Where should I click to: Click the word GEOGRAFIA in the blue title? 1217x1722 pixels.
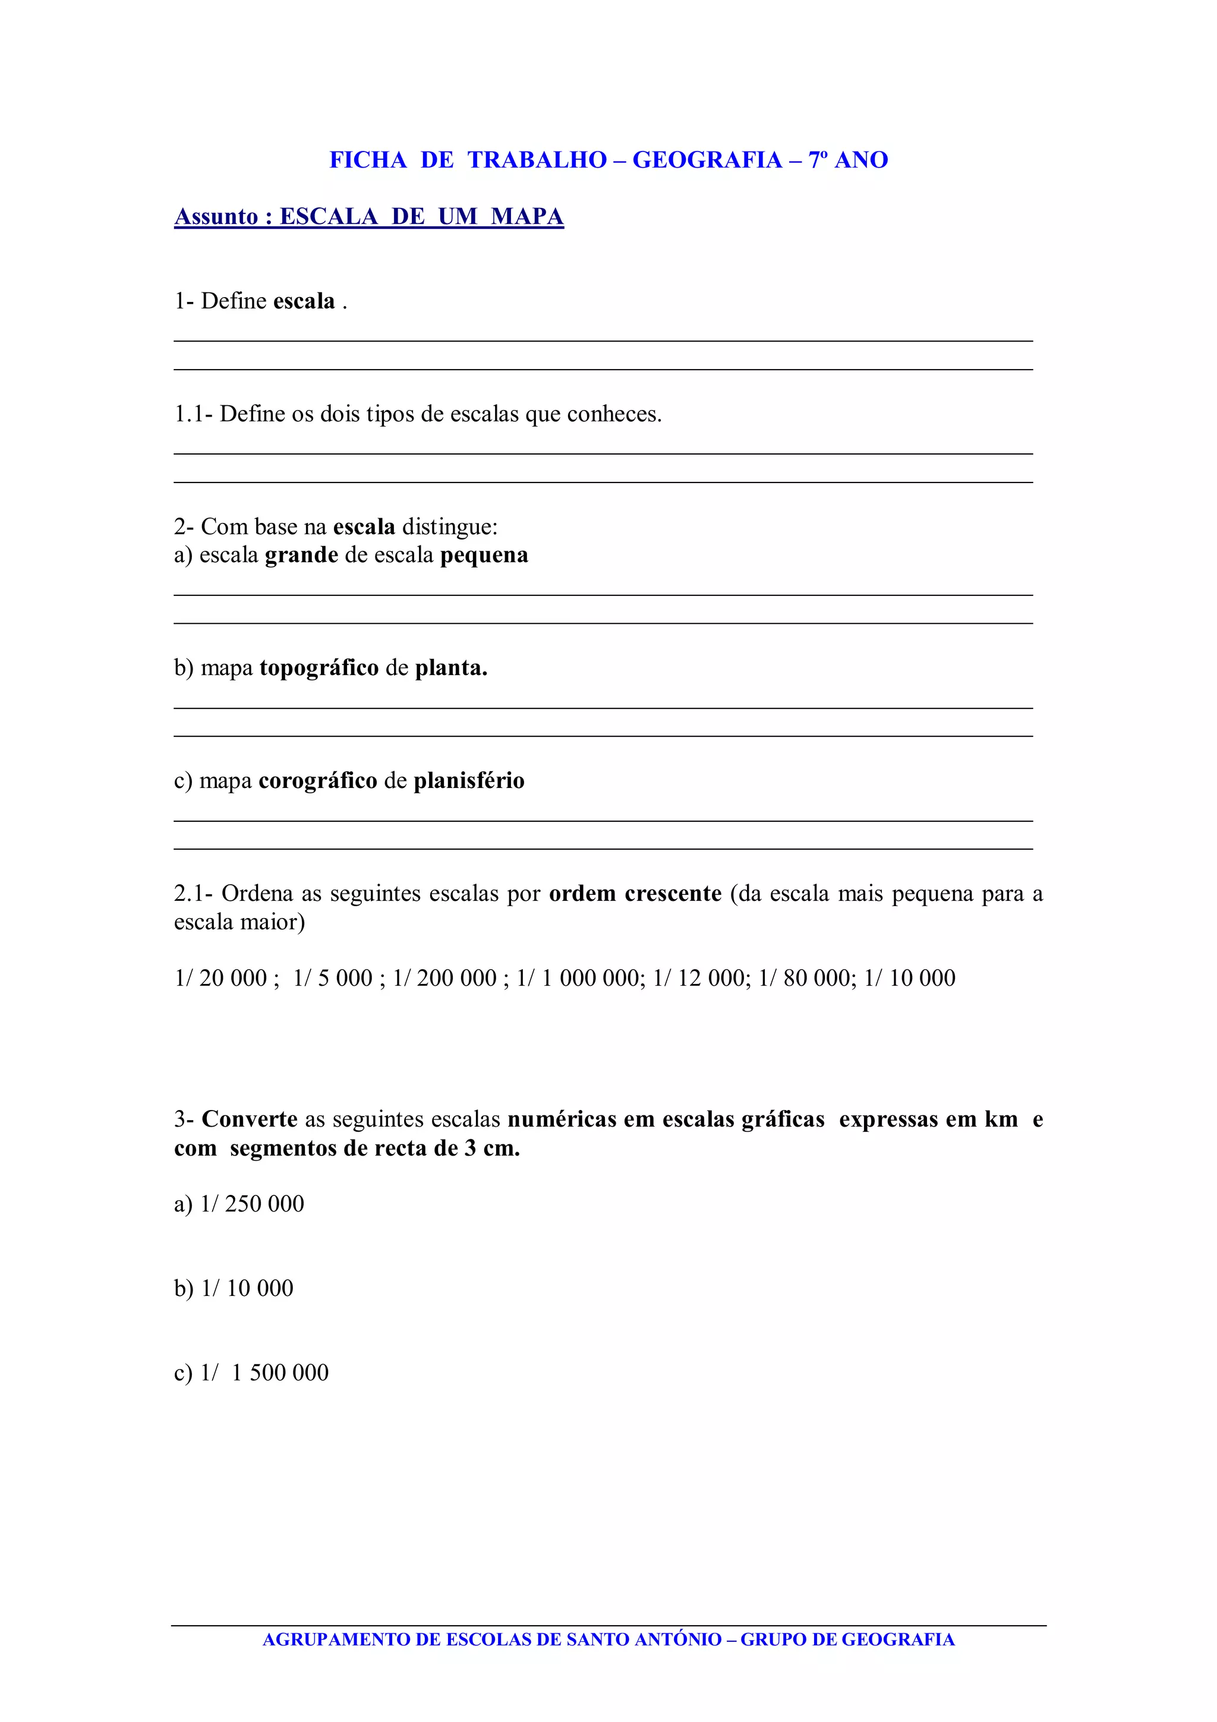[x=707, y=160]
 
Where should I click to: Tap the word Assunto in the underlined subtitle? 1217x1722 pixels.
[x=216, y=217]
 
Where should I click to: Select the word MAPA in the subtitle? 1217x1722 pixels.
[x=526, y=217]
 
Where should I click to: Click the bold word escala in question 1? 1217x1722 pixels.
[x=304, y=301]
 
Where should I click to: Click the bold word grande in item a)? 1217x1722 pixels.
[x=301, y=556]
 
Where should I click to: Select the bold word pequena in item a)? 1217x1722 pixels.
[x=484, y=556]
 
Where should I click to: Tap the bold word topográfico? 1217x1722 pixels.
[x=320, y=668]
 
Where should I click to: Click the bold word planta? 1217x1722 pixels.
[x=450, y=668]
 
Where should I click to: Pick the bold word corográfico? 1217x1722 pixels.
[x=318, y=781]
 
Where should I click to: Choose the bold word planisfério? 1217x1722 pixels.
[x=469, y=781]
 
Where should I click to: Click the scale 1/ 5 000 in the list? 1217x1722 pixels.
[x=333, y=978]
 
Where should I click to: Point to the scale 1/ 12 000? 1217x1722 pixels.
[x=698, y=978]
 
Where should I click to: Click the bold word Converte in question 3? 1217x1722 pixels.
[x=250, y=1119]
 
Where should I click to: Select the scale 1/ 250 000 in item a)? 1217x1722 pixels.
[x=252, y=1204]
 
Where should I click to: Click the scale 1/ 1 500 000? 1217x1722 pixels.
[x=264, y=1373]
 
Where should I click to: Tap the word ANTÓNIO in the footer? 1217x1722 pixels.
[x=678, y=1639]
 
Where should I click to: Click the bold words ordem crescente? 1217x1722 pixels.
[x=635, y=894]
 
